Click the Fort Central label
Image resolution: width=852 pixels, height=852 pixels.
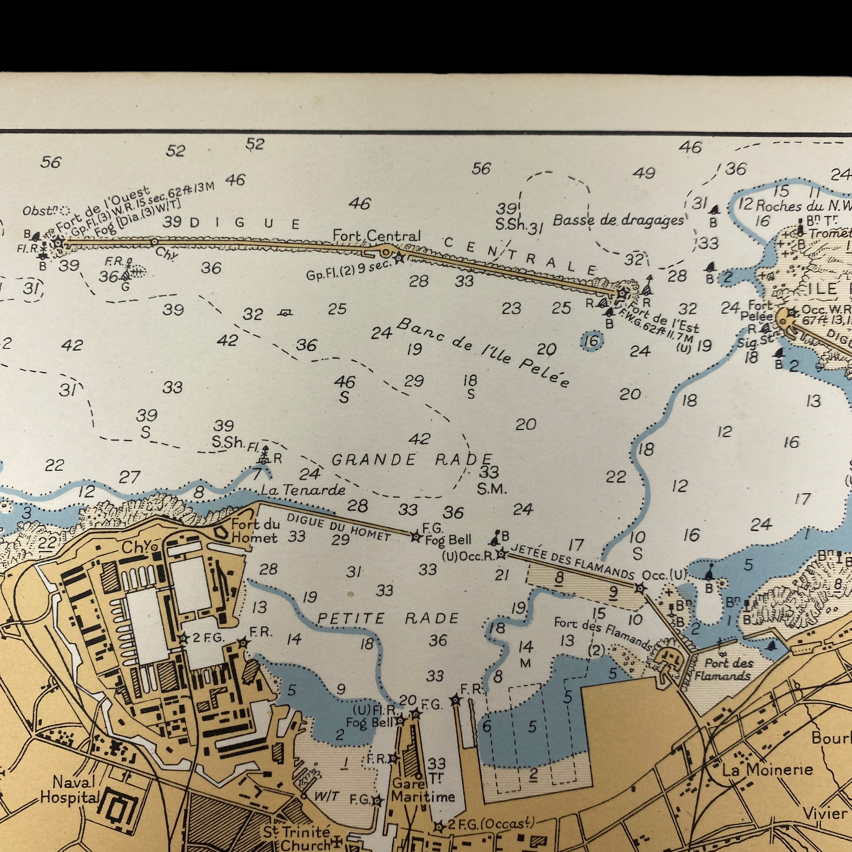[376, 236]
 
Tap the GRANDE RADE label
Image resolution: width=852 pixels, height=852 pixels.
[411, 460]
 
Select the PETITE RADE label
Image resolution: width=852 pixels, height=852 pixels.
[388, 618]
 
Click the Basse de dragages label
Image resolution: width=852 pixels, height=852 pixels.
[617, 220]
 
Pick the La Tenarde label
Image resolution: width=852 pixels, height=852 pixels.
[303, 490]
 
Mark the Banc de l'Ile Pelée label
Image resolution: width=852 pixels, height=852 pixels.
[483, 352]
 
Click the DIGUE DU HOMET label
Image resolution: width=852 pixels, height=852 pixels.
[339, 527]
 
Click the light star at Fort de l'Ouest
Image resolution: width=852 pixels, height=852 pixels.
[58, 242]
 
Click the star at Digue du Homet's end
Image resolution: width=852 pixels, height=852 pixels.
[415, 537]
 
